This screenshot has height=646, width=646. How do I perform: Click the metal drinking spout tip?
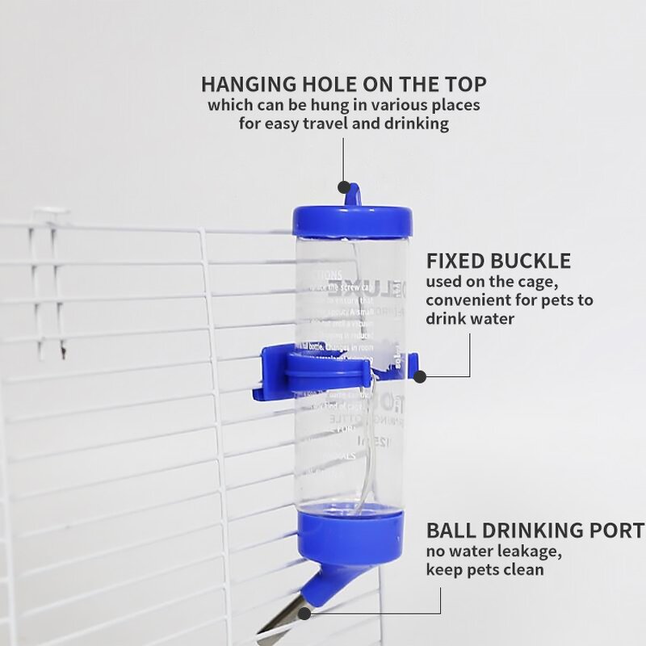[283, 622]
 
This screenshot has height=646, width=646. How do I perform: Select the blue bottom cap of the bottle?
[350, 528]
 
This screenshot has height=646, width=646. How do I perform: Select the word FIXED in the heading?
[452, 261]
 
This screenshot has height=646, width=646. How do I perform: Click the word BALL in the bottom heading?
[449, 531]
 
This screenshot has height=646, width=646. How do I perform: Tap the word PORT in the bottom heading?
[621, 531]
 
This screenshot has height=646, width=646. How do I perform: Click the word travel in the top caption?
[330, 124]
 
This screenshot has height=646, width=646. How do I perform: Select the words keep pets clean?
[484, 570]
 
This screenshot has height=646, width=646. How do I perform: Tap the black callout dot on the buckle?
[420, 375]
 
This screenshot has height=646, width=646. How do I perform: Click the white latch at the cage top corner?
[50, 216]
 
